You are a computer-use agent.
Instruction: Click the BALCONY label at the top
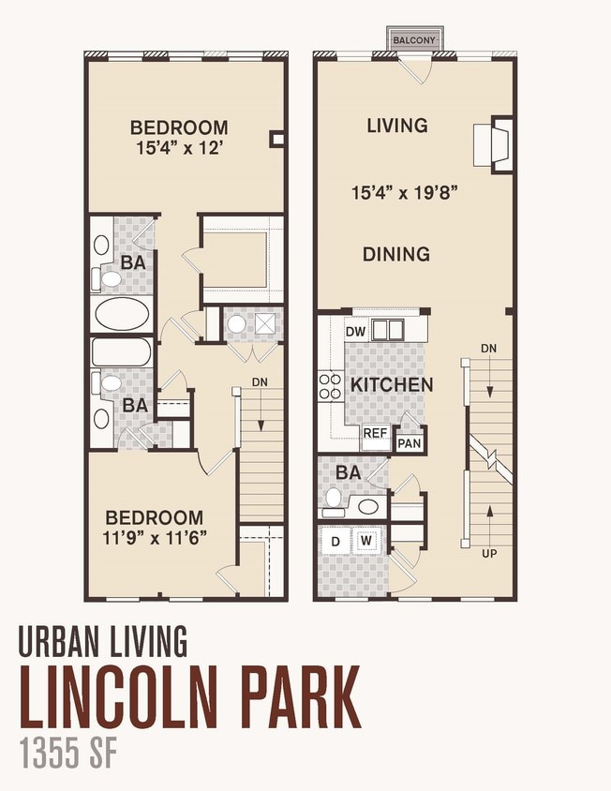412,40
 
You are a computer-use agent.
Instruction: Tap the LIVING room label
397,126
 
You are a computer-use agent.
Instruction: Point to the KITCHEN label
392,385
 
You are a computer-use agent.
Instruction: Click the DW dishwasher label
355,332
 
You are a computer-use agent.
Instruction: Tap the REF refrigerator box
376,434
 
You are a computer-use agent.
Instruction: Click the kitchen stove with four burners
331,386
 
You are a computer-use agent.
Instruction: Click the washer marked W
366,541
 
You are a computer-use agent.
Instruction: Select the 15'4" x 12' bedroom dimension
179,147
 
